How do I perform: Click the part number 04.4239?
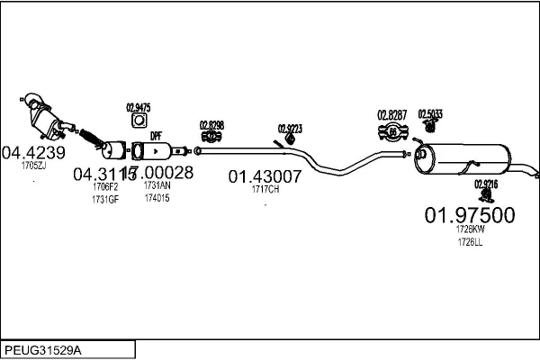point(34,152)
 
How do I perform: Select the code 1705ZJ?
point(34,166)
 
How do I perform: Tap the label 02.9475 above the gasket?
point(138,108)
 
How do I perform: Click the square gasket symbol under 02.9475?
point(139,121)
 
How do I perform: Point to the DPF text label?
point(156,135)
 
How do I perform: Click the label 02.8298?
point(211,124)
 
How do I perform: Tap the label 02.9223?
point(290,127)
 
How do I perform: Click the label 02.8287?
point(392,115)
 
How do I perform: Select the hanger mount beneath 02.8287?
point(393,133)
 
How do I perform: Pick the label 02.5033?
point(430,113)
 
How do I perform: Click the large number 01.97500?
point(469,215)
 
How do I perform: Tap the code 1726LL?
point(469,241)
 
